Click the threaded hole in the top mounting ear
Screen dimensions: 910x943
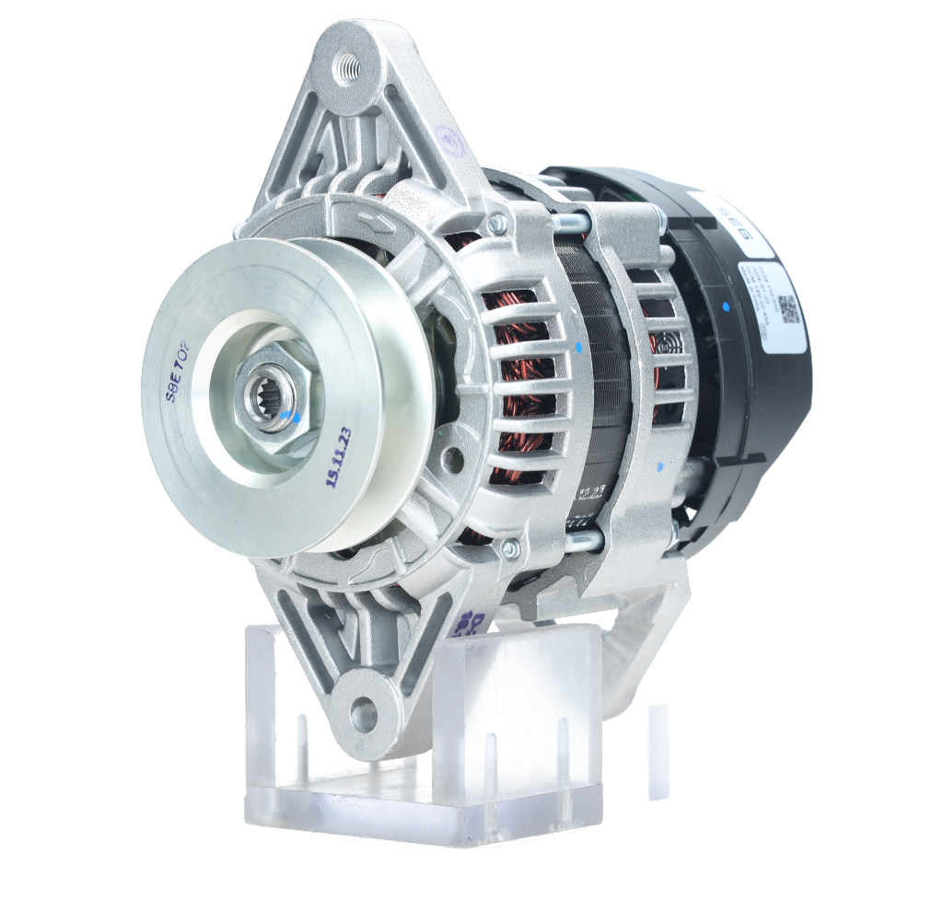[x=347, y=67]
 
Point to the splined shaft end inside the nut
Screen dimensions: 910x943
[x=269, y=397]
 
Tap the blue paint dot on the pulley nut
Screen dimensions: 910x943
[x=295, y=418]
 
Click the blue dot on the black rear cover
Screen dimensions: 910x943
[x=727, y=305]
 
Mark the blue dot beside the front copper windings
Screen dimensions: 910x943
[x=578, y=348]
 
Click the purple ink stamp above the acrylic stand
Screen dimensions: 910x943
[x=470, y=623]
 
